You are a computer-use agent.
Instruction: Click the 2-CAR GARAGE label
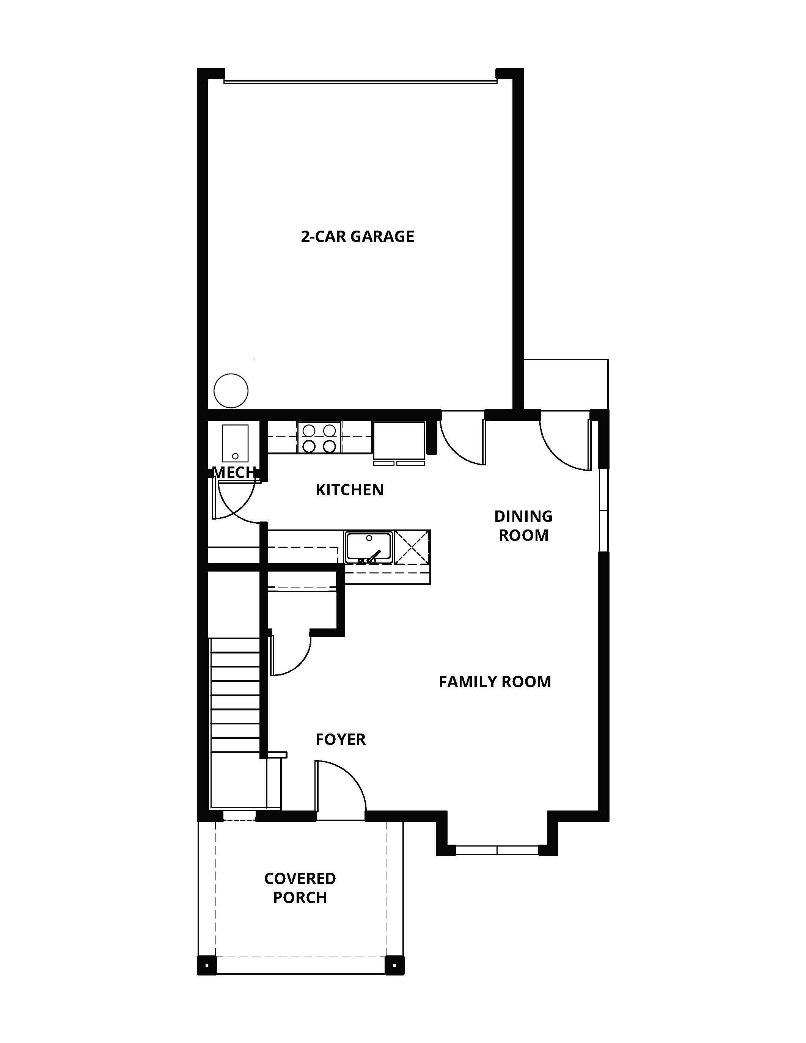pyautogui.click(x=357, y=236)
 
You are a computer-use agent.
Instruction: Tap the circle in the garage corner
pyautogui.click(x=231, y=391)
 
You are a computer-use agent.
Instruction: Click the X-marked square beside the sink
pyautogui.click(x=412, y=547)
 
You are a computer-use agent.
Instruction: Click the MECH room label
pyautogui.click(x=234, y=472)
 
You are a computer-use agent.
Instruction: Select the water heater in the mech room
pyautogui.click(x=235, y=443)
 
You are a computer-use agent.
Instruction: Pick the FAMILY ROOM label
pyautogui.click(x=495, y=682)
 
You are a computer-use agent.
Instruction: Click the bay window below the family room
pyautogui.click(x=497, y=850)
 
